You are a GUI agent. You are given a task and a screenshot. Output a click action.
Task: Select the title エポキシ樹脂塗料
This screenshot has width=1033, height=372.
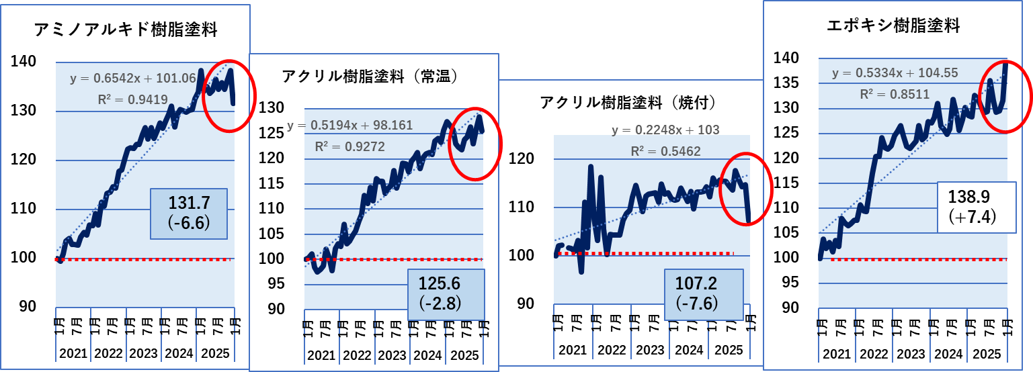pyautogui.click(x=893, y=26)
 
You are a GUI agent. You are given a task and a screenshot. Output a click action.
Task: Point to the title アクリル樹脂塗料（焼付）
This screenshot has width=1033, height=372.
pyautogui.click(x=628, y=102)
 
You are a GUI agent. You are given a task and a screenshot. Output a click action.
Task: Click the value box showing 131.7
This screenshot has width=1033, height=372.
pyautogui.click(x=189, y=214)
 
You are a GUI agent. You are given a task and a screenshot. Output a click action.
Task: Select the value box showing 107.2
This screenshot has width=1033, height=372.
pyautogui.click(x=704, y=294)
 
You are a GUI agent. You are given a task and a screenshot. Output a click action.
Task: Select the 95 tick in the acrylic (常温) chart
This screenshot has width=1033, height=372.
pyautogui.click(x=275, y=283)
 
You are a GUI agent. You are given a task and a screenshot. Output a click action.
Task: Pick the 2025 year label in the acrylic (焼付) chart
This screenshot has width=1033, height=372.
pyautogui.click(x=728, y=350)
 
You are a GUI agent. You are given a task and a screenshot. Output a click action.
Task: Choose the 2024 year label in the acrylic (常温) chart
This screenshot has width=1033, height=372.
pyautogui.click(x=427, y=355)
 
